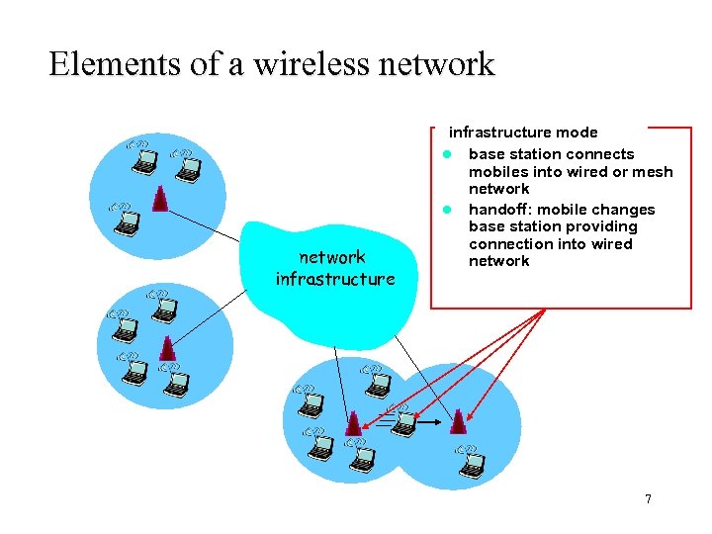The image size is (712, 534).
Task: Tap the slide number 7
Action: (x=648, y=498)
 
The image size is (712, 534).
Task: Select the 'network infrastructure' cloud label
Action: (x=334, y=268)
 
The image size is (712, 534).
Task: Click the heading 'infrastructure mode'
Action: (x=523, y=132)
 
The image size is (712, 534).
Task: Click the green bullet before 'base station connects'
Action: (x=447, y=154)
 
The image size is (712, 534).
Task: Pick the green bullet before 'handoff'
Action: (x=447, y=210)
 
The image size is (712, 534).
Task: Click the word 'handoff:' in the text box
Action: (x=500, y=209)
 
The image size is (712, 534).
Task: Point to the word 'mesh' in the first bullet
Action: (x=652, y=172)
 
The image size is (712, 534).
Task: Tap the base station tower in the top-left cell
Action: (x=160, y=198)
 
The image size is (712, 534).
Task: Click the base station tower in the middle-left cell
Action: (x=168, y=349)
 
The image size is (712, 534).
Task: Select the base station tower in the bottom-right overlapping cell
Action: (x=457, y=422)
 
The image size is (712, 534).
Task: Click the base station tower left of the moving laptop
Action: (x=353, y=422)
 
